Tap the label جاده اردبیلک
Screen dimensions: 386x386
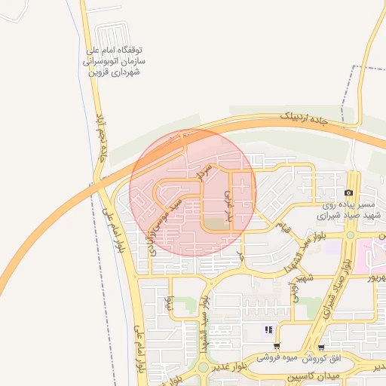click(305, 120)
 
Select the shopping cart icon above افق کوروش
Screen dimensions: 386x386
click(322, 348)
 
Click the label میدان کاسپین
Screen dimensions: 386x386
click(313, 375)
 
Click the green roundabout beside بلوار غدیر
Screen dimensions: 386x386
click(203, 369)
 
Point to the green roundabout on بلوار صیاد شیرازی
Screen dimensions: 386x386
click(350, 235)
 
